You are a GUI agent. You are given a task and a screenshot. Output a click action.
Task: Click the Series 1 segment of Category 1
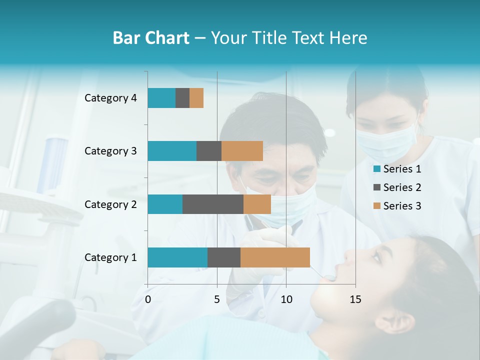point(177,257)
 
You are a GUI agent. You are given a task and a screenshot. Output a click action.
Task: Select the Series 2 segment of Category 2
point(213,204)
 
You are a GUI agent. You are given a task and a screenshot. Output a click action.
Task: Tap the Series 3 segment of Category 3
point(242,151)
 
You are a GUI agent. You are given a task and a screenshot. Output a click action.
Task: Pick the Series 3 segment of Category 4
point(196,98)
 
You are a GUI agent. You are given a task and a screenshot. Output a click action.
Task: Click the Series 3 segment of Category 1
point(275,257)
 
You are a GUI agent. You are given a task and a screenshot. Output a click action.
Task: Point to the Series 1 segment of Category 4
point(161,98)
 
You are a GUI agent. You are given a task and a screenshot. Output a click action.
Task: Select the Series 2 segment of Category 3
point(209,151)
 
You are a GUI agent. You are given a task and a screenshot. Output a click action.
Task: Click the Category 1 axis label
point(110,257)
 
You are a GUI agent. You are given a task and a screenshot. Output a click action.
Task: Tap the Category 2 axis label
point(110,204)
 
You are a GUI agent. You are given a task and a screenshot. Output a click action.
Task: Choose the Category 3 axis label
point(110,151)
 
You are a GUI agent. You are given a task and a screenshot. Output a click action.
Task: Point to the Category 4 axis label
point(110,98)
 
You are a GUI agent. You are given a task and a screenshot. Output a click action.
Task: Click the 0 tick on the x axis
point(148,299)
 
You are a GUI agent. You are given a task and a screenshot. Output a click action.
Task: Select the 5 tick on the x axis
point(217,299)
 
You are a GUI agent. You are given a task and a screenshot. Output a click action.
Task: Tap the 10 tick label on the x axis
point(286,299)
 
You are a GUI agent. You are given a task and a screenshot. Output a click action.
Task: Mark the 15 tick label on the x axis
point(355,299)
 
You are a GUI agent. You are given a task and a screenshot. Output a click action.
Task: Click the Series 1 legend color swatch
point(376,169)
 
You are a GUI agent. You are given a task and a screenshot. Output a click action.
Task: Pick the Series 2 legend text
point(402,187)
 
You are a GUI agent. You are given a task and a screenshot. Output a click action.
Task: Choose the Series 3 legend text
point(402,206)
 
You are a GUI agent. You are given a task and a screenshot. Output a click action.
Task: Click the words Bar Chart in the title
point(151,38)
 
